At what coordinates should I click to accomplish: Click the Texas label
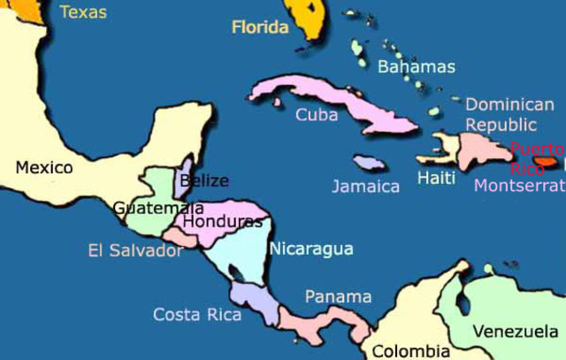click(83, 12)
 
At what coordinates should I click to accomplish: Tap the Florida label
click(260, 27)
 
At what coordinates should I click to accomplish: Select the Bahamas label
click(417, 66)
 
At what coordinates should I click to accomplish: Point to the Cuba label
click(317, 114)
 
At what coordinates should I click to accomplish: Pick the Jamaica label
click(366, 187)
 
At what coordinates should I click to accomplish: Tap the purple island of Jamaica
click(368, 164)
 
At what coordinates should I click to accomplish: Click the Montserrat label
click(519, 186)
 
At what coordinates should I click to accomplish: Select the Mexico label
click(43, 166)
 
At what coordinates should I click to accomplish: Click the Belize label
click(203, 182)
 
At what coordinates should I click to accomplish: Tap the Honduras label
click(223, 221)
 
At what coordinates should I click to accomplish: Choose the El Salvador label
click(135, 250)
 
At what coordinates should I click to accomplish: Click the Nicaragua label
click(311, 249)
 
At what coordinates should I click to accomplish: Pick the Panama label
click(338, 296)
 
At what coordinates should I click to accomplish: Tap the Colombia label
click(410, 350)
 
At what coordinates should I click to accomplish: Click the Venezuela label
click(516, 332)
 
